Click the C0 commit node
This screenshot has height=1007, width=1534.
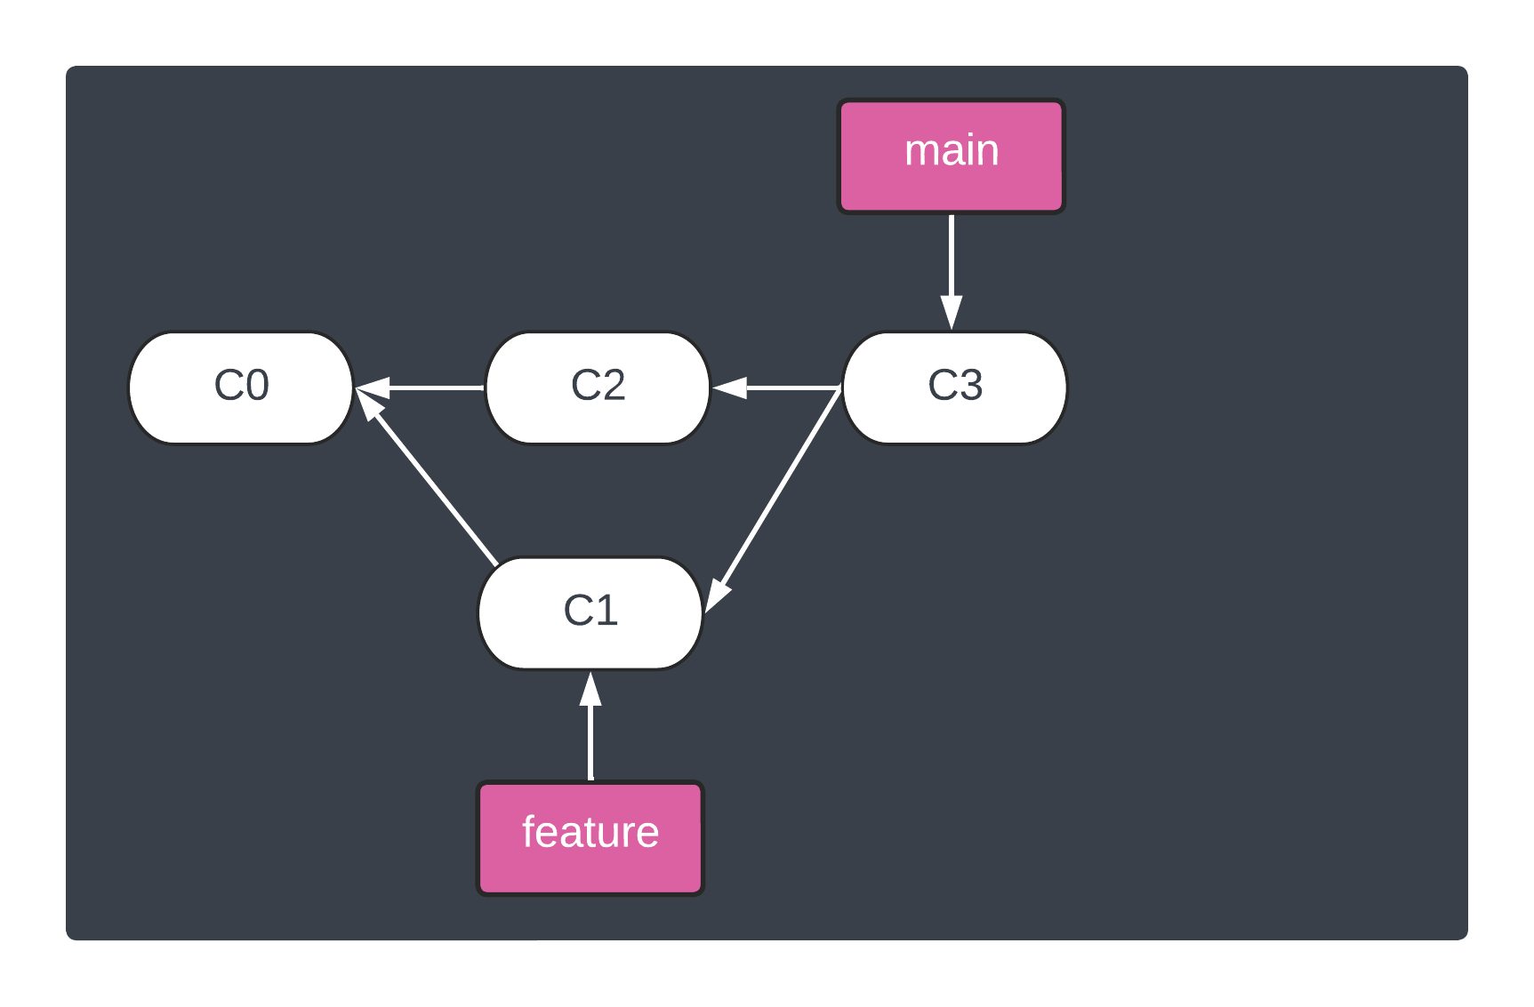pos(241,388)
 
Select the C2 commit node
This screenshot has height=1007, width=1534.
pos(598,388)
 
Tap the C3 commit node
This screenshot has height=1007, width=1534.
pos(954,388)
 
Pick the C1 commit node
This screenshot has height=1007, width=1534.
pos(590,613)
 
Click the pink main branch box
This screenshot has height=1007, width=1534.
pos(952,156)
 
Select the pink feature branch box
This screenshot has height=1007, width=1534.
pos(590,838)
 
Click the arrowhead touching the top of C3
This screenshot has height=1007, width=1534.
pos(952,313)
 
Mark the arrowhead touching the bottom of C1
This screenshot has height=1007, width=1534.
pos(590,690)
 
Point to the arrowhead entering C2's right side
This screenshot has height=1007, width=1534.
pos(730,388)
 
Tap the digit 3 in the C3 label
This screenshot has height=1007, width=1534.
pos(970,386)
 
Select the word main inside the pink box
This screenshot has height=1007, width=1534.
pos(952,150)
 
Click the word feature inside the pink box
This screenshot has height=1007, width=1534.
pos(590,833)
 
